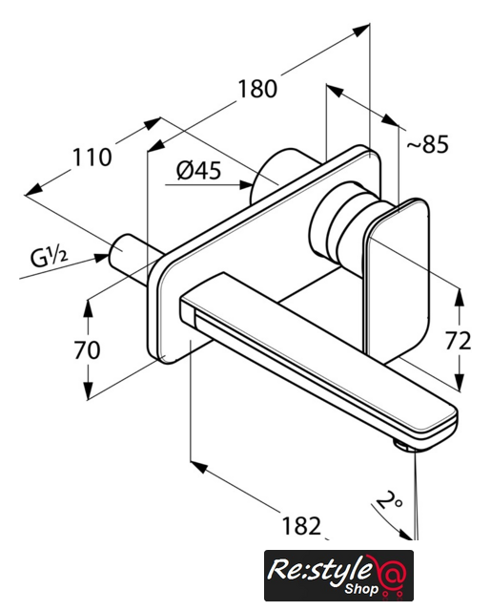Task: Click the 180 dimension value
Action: coord(257,89)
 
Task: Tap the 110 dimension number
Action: coord(92,158)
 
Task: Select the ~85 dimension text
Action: coord(427,144)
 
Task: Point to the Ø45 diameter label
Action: coord(198,170)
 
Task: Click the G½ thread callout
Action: coord(49,258)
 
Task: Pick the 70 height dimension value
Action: coord(87,350)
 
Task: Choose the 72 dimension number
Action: coord(458,341)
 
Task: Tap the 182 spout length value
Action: coord(301,526)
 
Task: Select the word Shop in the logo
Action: coord(361,588)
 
